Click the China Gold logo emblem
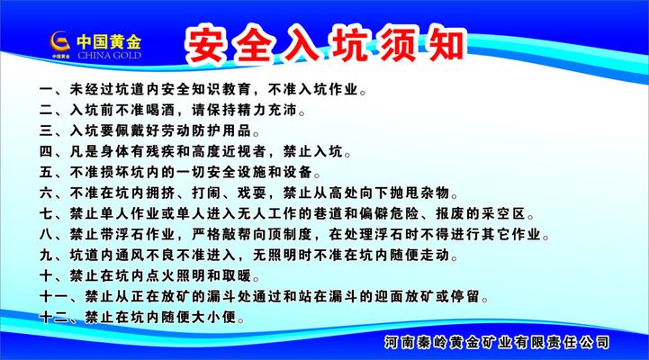tap(59, 42)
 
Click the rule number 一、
tap(50, 91)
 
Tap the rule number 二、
tap(50, 112)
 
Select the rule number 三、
tap(50, 131)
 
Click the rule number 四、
tap(50, 152)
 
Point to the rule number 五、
tap(50, 172)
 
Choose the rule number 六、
tap(50, 193)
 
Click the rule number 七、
tap(50, 214)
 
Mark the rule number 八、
tap(50, 235)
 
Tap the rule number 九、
tap(50, 256)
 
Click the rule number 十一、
tap(56, 297)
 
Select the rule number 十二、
tap(56, 318)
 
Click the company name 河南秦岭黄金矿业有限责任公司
tap(496, 343)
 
